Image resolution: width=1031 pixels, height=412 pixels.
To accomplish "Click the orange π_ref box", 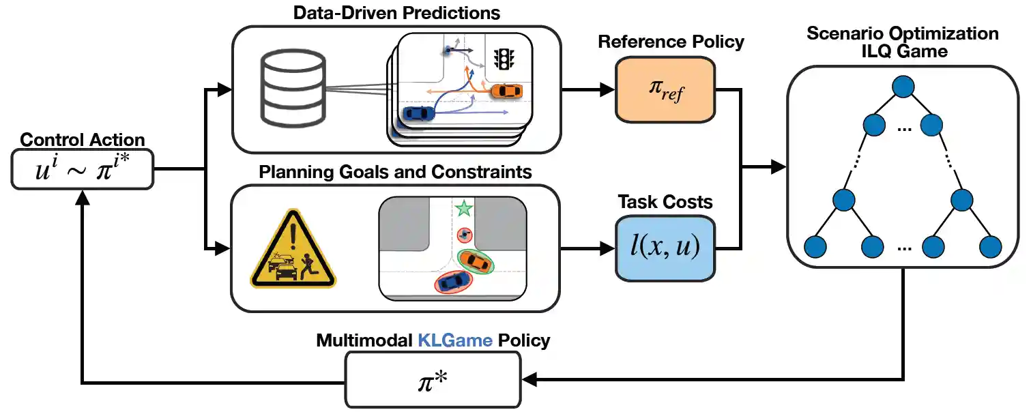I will [665, 89].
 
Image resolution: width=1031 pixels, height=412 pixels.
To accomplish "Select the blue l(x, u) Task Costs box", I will [665, 248].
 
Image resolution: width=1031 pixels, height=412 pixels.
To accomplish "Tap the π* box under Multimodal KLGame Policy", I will [433, 377].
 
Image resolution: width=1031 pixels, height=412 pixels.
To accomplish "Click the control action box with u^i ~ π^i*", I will [83, 168].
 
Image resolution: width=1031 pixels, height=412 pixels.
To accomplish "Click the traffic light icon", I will [504, 59].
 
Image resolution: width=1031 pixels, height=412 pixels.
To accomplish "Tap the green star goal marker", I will [464, 207].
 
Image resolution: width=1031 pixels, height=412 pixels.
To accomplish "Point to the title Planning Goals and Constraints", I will [395, 171].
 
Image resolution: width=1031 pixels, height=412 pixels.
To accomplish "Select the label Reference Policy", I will [671, 42].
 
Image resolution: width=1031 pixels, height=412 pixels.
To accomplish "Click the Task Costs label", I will [665, 202].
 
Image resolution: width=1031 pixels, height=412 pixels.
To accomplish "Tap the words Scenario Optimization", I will [902, 33].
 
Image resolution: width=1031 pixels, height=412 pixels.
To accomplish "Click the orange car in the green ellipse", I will [475, 261].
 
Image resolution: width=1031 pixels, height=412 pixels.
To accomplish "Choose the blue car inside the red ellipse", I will [453, 282].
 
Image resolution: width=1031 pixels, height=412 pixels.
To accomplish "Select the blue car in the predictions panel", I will [418, 113].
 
